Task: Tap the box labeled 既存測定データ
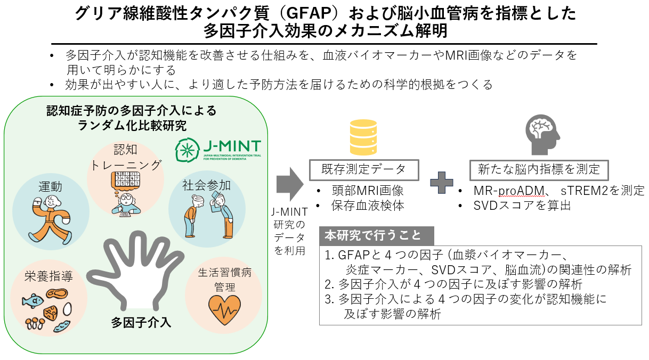364,169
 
